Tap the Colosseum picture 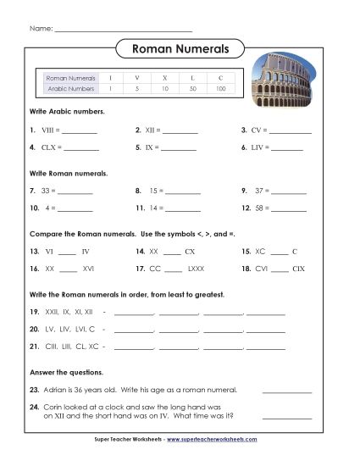tap(287, 84)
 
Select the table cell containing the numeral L tap(192, 77)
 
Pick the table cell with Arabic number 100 tap(221, 88)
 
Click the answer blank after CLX tap(81, 147)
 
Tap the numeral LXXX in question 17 tap(197, 268)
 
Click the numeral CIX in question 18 tap(297, 268)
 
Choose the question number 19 tap(34, 313)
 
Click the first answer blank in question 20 tap(135, 329)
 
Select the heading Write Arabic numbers tap(67, 112)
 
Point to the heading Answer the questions tap(67, 372)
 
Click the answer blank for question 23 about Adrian tap(287, 391)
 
